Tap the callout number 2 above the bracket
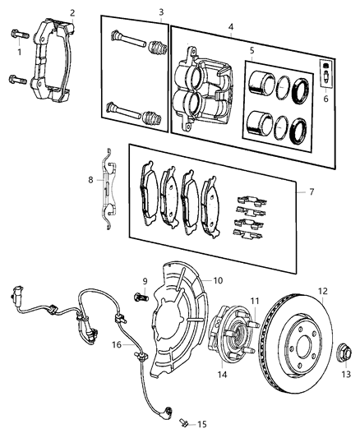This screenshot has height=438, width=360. (x=72, y=12)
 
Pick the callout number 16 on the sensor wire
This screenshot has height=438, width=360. (x=117, y=345)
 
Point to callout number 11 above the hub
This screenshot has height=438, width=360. (x=256, y=301)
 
